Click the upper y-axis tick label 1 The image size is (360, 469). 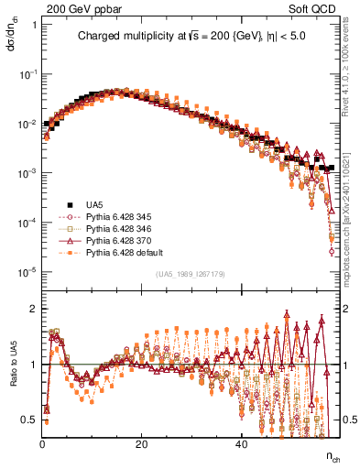(x=35, y=25)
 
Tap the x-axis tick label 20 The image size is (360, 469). (x=141, y=445)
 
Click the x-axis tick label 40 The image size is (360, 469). (x=240, y=445)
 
